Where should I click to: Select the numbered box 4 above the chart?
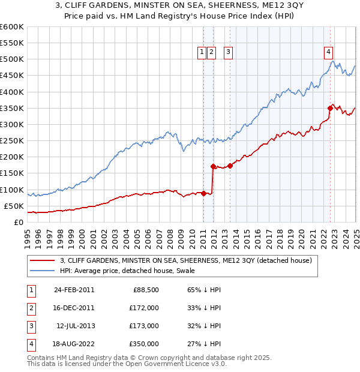[x=329, y=52]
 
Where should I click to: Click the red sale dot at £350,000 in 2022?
[x=330, y=108]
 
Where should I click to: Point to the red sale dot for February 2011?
[x=203, y=193]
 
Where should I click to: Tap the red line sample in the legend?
[x=41, y=261]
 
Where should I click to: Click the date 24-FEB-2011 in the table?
[x=74, y=289]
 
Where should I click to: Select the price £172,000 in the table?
[x=145, y=308]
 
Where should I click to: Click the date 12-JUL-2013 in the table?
[x=75, y=326]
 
